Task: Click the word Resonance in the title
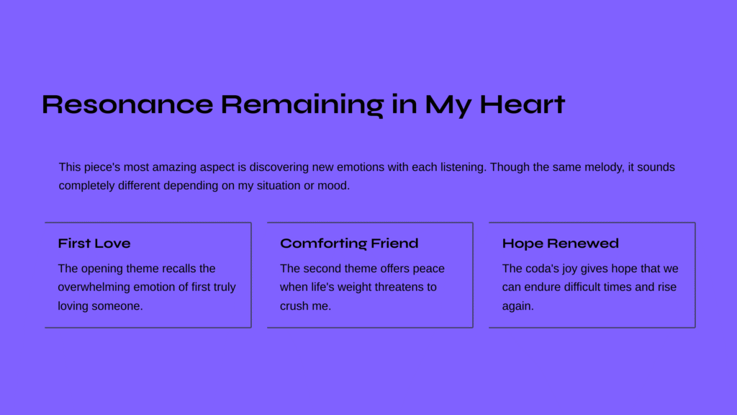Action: (127, 104)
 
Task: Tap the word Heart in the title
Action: (523, 104)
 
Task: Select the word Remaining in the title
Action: (302, 106)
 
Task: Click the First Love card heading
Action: (94, 244)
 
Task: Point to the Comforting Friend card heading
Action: (349, 244)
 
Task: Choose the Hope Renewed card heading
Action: (560, 244)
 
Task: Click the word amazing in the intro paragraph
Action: (174, 167)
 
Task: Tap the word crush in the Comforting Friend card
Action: (294, 305)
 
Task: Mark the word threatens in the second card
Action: (400, 287)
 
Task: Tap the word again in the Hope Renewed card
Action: (518, 306)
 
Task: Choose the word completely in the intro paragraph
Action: (87, 186)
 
